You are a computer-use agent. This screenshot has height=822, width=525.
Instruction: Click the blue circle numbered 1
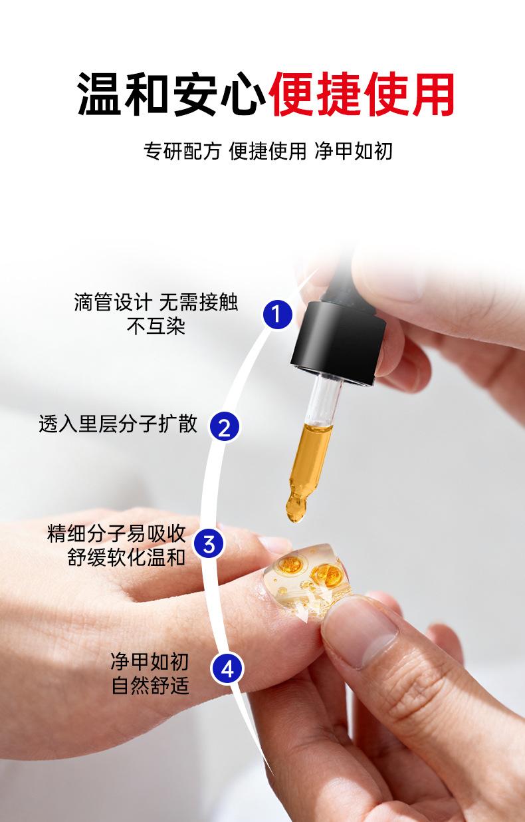pyautogui.click(x=277, y=315)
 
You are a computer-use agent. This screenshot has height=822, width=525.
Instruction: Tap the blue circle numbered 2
pyautogui.click(x=225, y=426)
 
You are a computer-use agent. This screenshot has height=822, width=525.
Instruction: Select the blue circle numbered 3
pyautogui.click(x=209, y=544)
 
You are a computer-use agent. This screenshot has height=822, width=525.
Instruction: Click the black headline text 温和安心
pyautogui.click(x=171, y=94)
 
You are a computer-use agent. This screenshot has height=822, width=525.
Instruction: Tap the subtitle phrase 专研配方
pyautogui.click(x=182, y=151)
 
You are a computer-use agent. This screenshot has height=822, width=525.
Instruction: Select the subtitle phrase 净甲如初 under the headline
pyautogui.click(x=354, y=151)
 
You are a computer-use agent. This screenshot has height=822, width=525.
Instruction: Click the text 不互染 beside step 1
pyautogui.click(x=156, y=326)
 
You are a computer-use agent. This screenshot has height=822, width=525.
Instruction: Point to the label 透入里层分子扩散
pyautogui.click(x=118, y=424)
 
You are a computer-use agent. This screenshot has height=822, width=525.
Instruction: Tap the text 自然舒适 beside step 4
pyautogui.click(x=150, y=686)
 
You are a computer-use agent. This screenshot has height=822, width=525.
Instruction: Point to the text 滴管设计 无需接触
pyautogui.click(x=156, y=303)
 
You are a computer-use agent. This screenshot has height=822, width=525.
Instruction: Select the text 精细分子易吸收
pyautogui.click(x=116, y=534)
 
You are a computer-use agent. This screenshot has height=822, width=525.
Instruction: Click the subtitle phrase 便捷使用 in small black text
pyautogui.click(x=268, y=151)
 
